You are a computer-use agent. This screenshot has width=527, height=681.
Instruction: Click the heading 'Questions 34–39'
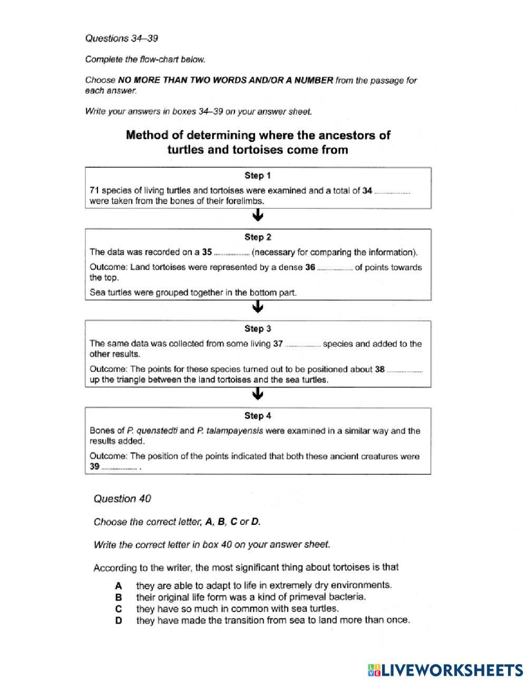(x=122, y=39)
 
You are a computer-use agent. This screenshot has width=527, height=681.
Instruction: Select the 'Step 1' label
(x=258, y=176)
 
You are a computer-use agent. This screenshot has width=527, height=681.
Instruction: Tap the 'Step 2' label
(x=258, y=237)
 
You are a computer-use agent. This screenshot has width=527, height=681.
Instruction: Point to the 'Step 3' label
(x=258, y=329)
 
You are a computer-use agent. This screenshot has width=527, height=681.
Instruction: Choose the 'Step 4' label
(x=258, y=416)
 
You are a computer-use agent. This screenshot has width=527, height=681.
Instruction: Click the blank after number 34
(x=392, y=192)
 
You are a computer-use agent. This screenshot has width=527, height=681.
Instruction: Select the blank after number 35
(x=231, y=253)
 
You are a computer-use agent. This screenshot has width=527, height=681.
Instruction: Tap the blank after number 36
(x=335, y=268)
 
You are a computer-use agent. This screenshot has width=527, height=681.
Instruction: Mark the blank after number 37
(x=302, y=345)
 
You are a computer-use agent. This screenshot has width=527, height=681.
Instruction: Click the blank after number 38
(x=404, y=371)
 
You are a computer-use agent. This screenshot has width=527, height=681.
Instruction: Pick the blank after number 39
(x=119, y=468)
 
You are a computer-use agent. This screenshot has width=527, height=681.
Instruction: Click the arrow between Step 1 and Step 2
(x=258, y=216)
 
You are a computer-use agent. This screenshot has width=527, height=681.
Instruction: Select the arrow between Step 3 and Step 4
(x=258, y=395)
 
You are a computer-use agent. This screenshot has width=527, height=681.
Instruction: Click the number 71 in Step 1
(x=94, y=191)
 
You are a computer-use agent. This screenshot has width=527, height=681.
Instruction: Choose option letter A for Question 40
(x=119, y=586)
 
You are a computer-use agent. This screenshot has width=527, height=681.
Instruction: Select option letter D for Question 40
(x=119, y=621)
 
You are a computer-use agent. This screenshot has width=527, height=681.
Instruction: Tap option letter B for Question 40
(x=119, y=597)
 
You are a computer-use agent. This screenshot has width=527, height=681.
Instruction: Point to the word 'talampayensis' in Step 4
(x=237, y=431)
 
